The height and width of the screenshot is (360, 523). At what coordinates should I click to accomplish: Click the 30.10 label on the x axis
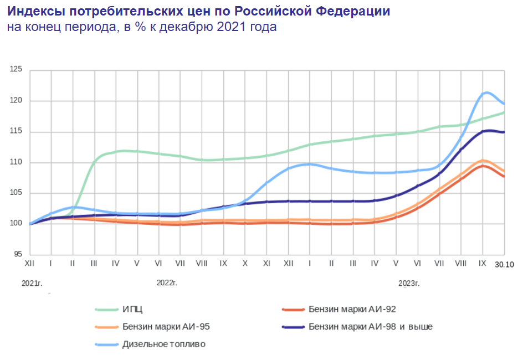[504, 265]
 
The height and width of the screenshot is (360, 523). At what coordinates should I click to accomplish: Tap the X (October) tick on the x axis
[245, 264]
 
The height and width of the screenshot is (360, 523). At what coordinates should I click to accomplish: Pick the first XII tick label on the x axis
[30, 264]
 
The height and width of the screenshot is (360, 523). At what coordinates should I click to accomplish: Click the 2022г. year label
[167, 283]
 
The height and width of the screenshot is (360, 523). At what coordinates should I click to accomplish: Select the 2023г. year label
[409, 283]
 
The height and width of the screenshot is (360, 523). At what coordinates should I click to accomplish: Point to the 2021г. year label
[32, 283]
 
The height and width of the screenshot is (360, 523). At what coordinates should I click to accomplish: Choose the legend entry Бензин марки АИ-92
[352, 309]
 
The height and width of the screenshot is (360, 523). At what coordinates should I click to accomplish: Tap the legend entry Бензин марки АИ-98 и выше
[371, 327]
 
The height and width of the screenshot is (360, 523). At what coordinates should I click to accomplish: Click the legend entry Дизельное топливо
[164, 344]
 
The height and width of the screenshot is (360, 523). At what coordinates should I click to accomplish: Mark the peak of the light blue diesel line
[486, 92]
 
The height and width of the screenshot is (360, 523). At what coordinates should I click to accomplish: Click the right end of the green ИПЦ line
[504, 112]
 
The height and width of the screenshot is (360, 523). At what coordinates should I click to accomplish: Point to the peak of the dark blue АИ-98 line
[489, 131]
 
